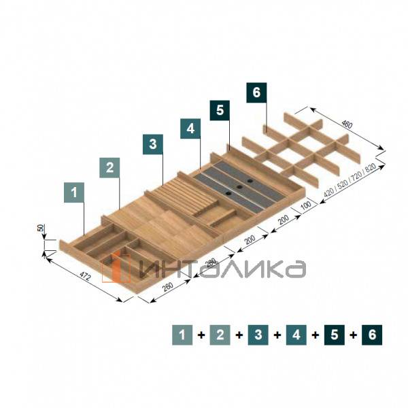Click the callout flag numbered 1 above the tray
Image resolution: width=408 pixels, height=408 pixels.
(74, 192)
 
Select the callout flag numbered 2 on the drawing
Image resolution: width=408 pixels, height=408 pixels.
(109, 167)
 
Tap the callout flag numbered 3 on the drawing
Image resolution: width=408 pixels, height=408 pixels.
(153, 144)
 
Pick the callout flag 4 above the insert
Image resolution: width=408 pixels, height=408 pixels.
(190, 129)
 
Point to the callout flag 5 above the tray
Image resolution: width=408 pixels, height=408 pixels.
(220, 110)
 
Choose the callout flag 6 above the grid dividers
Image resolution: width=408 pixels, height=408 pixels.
(256, 92)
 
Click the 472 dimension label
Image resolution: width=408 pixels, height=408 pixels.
(85, 276)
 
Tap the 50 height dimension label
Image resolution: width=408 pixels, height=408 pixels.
(41, 228)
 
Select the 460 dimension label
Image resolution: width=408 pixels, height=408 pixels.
(347, 124)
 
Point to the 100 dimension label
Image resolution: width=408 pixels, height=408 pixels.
(306, 205)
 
